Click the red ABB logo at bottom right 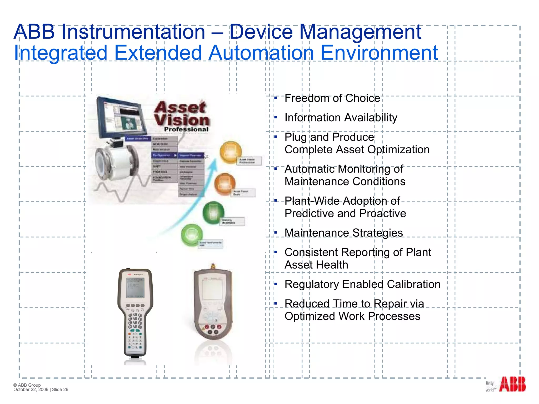tap(512, 384)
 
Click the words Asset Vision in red tap(182, 114)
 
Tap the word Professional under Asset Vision tap(186, 129)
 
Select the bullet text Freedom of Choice tap(332, 98)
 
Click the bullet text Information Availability tap(341, 118)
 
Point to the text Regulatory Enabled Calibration tap(362, 284)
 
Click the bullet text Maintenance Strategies tap(343, 233)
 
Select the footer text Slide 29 tap(60, 390)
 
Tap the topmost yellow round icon tap(231, 152)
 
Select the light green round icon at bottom tap(192, 235)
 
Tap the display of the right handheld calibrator tap(212, 289)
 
